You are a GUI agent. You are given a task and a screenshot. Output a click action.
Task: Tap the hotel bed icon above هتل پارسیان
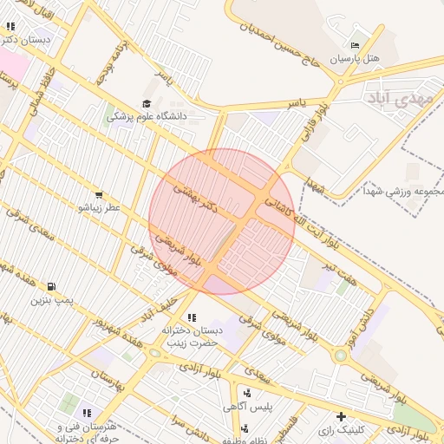pyautogui.click(x=355, y=45)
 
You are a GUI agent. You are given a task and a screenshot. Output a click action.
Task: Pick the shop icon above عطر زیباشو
pyautogui.click(x=99, y=195)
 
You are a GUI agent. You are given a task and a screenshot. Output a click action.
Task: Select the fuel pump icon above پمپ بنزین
pyautogui.click(x=53, y=287)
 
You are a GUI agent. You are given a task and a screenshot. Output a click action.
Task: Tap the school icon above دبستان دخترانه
pyautogui.click(x=191, y=317)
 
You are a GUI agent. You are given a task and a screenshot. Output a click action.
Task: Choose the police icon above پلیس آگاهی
pyautogui.click(x=248, y=394)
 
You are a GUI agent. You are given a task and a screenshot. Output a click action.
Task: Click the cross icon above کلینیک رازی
pyautogui.click(x=342, y=416)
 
